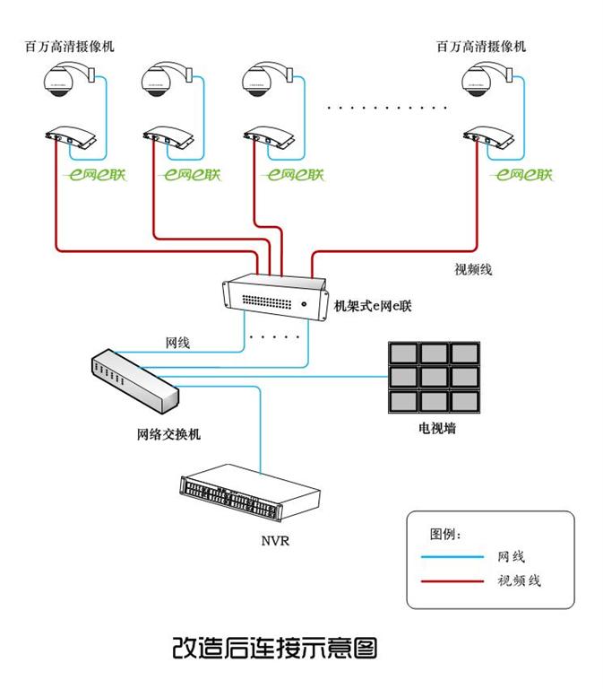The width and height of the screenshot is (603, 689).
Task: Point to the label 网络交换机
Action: coord(168,434)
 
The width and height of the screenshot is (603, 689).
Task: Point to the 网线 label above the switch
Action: coord(177,343)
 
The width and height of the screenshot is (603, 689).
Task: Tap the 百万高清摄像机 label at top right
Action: coord(481,46)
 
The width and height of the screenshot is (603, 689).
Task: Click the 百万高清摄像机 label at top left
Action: coord(70,46)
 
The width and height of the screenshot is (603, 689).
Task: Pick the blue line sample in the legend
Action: coord(452,558)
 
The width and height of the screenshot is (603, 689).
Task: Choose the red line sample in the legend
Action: coord(452,580)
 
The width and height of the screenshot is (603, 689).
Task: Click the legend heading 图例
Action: coord(445,535)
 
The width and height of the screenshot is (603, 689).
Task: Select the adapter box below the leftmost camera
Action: coord(73,138)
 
